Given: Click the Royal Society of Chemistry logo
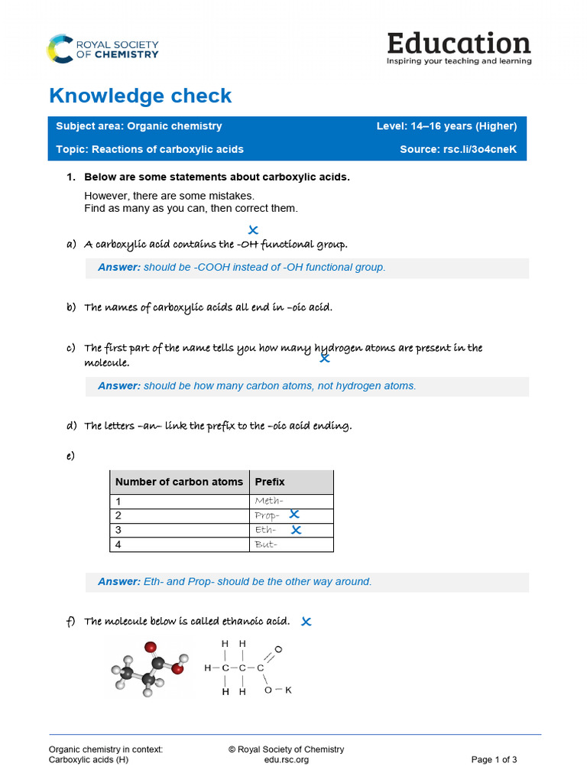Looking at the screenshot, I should tap(102, 48).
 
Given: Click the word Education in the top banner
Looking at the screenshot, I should tap(459, 43).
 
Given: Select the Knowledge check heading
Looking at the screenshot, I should tap(140, 96).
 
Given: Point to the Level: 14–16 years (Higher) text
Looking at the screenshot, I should tap(446, 126).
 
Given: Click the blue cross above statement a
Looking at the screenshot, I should tap(253, 230).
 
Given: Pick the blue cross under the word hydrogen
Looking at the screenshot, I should tap(325, 357).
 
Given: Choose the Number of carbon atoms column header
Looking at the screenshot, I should tap(179, 482).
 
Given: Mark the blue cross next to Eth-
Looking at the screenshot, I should tap(297, 529).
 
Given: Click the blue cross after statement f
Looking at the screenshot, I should tap(306, 622).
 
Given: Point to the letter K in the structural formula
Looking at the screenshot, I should tap(288, 690).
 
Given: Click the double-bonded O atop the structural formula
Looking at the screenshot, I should tap(277, 649).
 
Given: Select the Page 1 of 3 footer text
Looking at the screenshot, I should tap(494, 759).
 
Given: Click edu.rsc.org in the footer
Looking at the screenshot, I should tap(286, 759).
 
